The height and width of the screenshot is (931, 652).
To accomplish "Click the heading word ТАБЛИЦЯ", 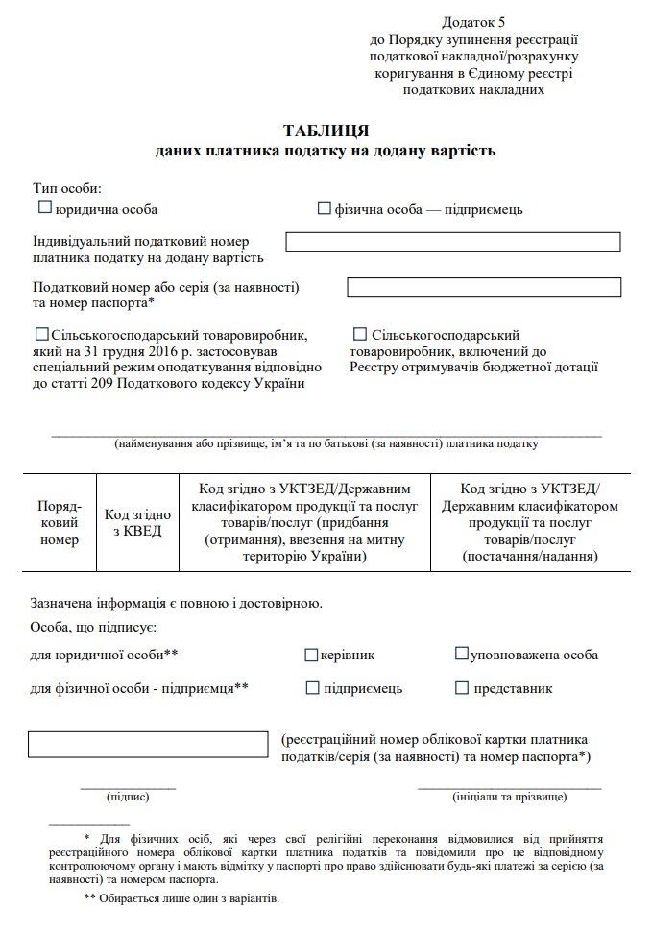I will click(326, 131).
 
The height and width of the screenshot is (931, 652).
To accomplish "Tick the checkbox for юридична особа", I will click(43, 207).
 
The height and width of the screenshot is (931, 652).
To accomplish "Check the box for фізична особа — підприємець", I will click(324, 207).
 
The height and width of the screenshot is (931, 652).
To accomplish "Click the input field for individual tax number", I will click(452, 242).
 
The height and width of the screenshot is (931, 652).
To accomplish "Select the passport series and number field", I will click(483, 287).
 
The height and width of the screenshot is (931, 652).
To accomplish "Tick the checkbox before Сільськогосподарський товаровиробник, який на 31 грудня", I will click(41, 335).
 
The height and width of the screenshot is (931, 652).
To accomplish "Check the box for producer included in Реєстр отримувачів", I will click(360, 335).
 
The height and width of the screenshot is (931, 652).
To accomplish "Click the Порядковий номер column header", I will click(60, 522).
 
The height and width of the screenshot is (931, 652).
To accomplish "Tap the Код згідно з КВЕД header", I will click(137, 522).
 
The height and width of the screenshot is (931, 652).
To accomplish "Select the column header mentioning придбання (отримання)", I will click(304, 522).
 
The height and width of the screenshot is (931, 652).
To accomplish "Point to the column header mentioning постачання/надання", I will click(530, 522).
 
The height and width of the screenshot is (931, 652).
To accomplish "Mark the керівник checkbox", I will click(311, 655).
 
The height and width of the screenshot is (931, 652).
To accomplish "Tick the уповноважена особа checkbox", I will click(462, 655).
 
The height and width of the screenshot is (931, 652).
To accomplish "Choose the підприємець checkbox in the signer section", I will click(312, 688).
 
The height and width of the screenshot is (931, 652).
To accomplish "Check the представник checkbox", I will click(462, 688).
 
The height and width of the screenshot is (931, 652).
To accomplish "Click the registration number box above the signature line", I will click(148, 744).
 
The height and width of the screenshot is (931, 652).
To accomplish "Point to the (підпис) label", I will click(128, 797).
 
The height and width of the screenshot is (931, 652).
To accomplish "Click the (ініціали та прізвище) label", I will click(509, 797).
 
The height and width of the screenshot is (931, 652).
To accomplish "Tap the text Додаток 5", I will click(473, 21).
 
